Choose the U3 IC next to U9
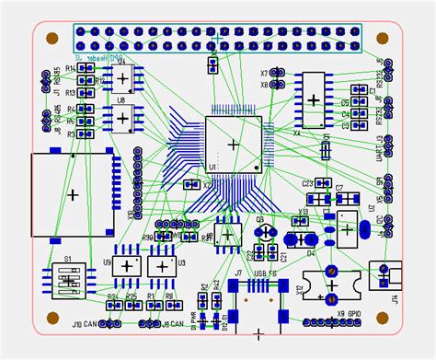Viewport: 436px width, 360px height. tap(162, 266)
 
